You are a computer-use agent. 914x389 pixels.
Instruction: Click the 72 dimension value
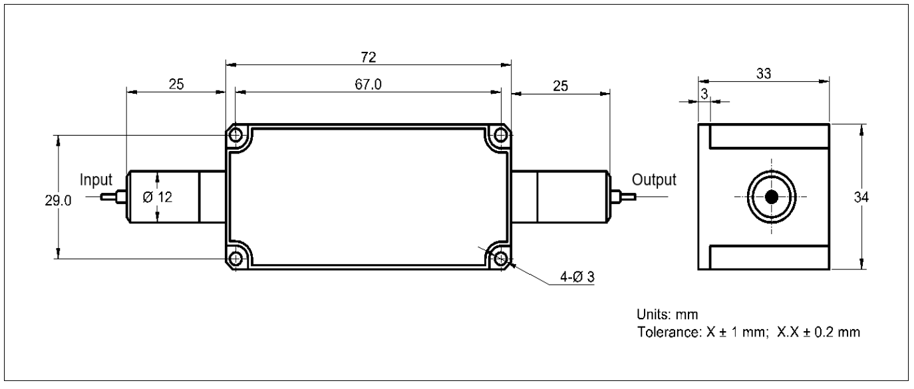tap(369, 57)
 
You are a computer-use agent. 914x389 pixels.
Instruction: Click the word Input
tap(96, 180)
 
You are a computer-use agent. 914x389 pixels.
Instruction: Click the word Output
tap(654, 180)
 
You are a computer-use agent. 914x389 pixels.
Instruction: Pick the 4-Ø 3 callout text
tap(576, 277)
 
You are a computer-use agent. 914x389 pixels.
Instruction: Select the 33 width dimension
tap(763, 74)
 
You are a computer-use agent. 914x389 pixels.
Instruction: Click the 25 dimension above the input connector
tap(176, 84)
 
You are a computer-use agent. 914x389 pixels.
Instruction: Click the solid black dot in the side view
tap(772, 197)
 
